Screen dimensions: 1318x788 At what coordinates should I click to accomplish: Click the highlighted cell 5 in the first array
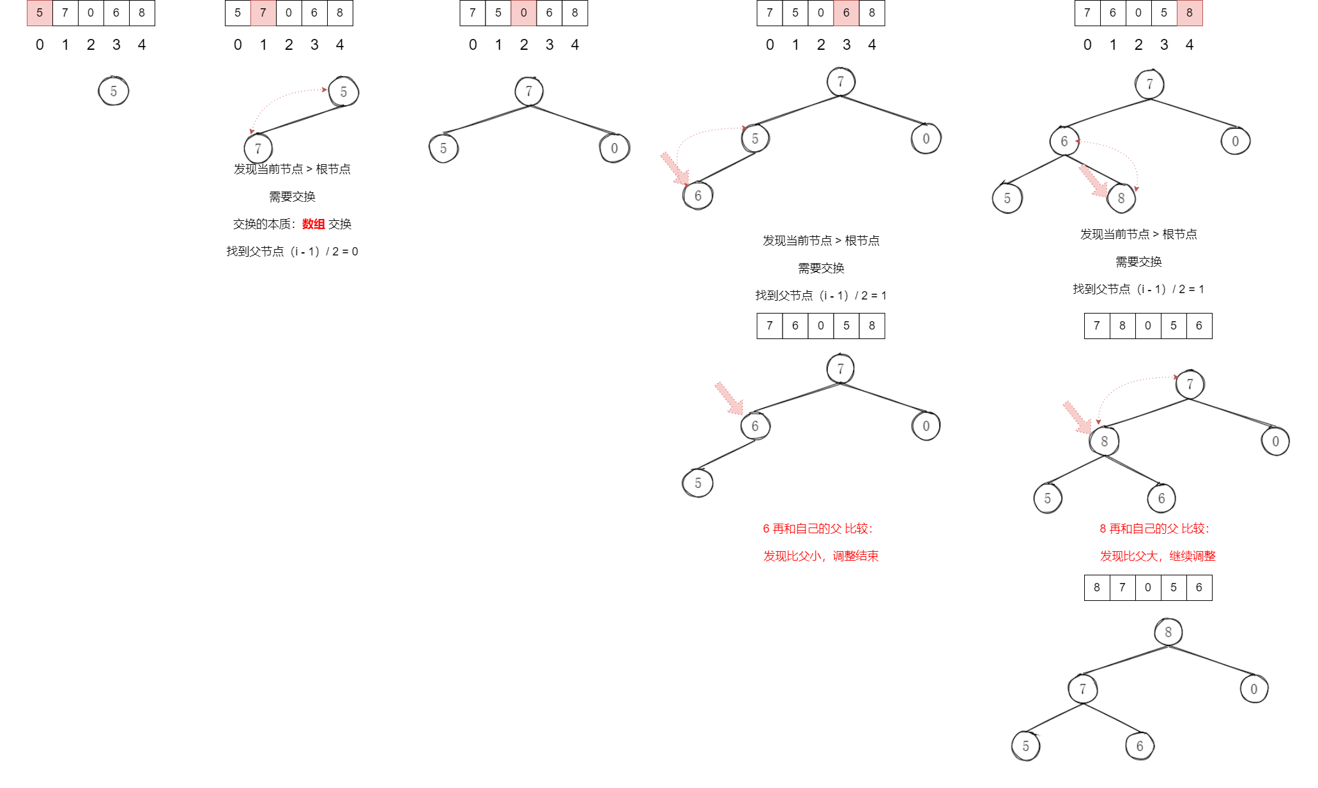40,13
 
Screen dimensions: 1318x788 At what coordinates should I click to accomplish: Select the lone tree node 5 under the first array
114,91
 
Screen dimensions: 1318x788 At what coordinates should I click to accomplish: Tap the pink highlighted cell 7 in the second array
263,13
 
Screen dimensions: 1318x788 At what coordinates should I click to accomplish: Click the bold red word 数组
313,224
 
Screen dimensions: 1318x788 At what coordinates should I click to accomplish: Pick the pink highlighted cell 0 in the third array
524,13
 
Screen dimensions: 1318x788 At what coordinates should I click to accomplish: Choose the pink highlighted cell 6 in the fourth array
847,13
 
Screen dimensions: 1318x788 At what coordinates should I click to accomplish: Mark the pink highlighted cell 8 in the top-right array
1190,13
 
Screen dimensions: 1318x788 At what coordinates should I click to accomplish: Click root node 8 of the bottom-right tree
1169,632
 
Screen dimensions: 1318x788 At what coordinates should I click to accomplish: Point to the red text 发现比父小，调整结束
821,556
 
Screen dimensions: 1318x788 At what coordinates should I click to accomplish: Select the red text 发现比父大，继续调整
1158,556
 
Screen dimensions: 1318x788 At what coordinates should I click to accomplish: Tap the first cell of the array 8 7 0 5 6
1097,587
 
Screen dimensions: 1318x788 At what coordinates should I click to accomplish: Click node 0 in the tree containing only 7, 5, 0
615,149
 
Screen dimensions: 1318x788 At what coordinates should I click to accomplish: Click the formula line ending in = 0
292,252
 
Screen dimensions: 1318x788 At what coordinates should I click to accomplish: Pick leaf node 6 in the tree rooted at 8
1140,746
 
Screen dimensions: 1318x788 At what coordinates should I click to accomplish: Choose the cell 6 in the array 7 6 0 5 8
795,326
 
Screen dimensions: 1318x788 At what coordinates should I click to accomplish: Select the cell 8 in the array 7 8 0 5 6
1123,326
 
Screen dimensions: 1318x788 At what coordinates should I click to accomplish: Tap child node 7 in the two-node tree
258,149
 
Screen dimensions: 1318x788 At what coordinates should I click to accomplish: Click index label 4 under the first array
142,45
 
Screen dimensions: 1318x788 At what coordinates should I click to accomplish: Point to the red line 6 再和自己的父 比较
818,529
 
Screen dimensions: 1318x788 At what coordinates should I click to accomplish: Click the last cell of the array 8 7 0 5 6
1199,587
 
